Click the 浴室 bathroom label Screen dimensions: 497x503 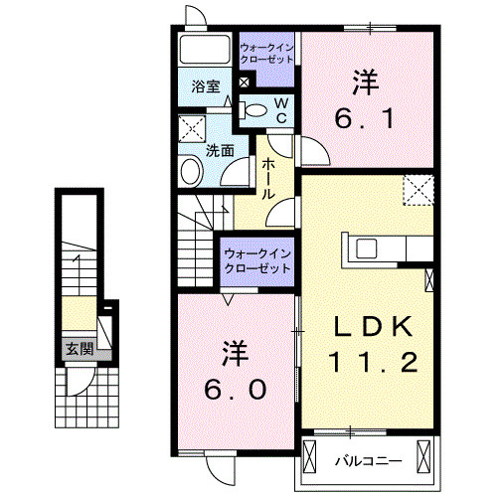(x=207, y=86)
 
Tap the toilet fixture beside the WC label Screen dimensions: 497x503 (x=253, y=109)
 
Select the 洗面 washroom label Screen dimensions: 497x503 (x=220, y=151)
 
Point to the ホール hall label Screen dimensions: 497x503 (x=267, y=182)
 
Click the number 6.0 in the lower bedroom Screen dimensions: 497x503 (x=237, y=390)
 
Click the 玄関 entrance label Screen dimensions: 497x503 (x=80, y=349)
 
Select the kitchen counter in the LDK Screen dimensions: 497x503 (x=384, y=248)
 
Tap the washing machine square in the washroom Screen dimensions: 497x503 (x=192, y=129)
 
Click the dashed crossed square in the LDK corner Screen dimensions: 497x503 (x=419, y=188)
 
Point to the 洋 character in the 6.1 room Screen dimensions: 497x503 (x=364, y=81)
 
